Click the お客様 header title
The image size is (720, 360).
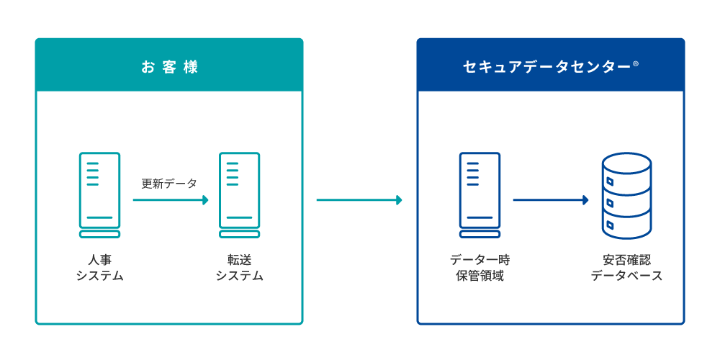169,68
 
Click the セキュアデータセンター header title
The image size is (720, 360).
546,68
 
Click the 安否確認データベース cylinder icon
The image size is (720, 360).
626,196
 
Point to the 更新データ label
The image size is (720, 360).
169,184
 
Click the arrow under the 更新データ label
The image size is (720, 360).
171,200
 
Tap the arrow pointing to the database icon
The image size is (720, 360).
551,200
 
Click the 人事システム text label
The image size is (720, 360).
99,267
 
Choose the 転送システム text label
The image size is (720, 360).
239,267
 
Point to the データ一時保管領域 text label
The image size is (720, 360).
480,267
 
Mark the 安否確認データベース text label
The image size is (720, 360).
626,267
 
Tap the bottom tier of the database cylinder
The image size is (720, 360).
626,225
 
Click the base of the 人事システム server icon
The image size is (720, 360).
99,234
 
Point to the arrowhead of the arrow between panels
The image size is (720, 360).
400,200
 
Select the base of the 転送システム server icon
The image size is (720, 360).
239,234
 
